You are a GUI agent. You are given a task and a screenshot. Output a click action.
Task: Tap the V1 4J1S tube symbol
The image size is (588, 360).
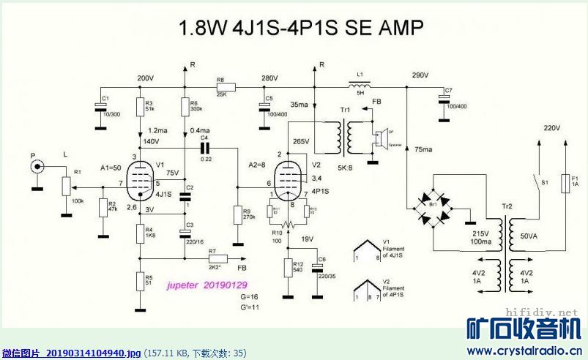(x=139, y=179)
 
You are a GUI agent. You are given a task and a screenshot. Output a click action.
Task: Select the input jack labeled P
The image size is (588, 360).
(x=34, y=168)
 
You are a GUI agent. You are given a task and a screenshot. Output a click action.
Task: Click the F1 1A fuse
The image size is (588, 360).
(x=564, y=182)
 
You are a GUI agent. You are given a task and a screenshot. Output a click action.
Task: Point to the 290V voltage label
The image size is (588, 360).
(x=420, y=75)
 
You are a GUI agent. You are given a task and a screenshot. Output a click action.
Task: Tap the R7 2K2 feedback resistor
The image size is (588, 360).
(x=217, y=258)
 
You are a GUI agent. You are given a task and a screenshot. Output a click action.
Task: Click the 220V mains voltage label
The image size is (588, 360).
(x=551, y=127)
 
